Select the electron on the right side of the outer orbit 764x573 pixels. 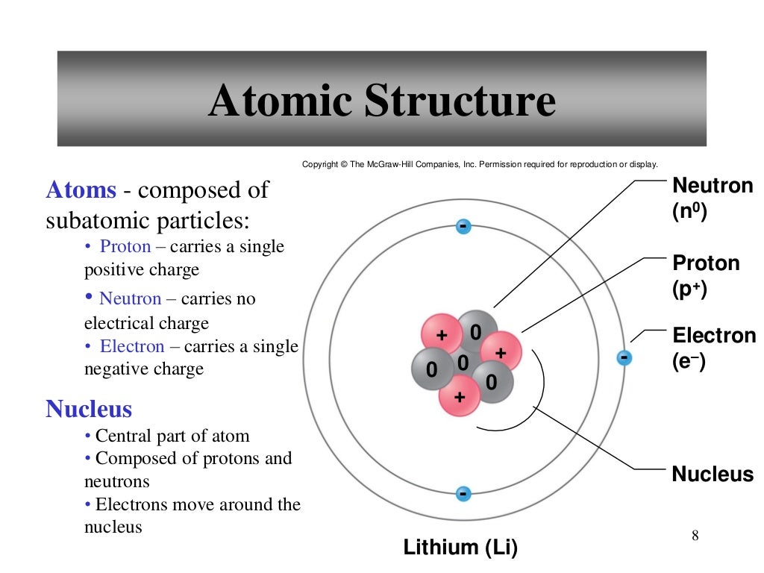(624, 359)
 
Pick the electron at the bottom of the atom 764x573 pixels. (463, 494)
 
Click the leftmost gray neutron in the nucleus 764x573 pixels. (430, 368)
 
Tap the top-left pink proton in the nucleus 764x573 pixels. (441, 335)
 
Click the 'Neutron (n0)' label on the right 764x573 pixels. (713, 198)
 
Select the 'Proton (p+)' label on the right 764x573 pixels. (706, 275)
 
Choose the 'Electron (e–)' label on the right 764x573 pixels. (713, 348)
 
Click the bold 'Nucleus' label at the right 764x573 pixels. (713, 475)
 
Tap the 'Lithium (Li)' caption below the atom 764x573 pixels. (460, 548)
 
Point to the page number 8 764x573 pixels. (695, 535)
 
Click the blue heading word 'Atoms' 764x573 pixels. (81, 190)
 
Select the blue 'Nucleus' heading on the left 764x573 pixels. (89, 409)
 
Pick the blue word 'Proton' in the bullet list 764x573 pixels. (125, 247)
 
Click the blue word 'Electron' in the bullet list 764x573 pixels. (132, 346)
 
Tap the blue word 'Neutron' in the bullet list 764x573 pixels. (131, 298)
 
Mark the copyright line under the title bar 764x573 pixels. (480, 164)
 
